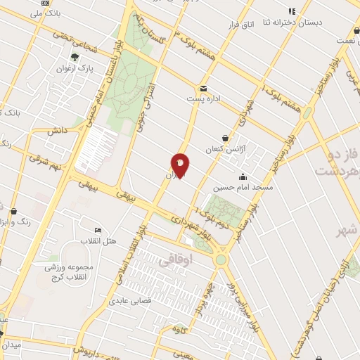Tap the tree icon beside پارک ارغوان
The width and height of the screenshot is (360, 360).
click(75, 58)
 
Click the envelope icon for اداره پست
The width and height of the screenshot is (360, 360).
click(203, 89)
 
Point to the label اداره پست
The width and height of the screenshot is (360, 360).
click(209, 99)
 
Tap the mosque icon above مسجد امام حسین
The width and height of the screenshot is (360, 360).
click(243, 176)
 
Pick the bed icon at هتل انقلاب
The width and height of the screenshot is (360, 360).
click(98, 230)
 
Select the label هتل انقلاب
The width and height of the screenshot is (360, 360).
click(92, 241)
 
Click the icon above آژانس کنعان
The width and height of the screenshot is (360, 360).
click(225, 139)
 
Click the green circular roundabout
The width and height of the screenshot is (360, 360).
click(222, 259)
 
